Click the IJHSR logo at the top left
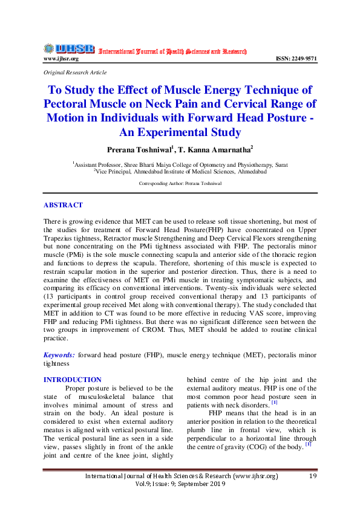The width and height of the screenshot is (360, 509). pos(68,48)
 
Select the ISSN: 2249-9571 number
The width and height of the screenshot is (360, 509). pos(296,59)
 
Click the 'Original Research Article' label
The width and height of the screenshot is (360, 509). pos(75,72)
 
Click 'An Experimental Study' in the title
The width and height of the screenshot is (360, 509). pos(180,132)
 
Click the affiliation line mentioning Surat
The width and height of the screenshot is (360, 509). pos(180,164)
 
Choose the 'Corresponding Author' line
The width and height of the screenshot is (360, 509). pos(180,182)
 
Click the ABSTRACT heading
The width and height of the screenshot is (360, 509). pos(63,206)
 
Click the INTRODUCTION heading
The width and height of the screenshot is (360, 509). pos(73,379)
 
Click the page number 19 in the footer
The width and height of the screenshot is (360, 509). pos(313,476)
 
